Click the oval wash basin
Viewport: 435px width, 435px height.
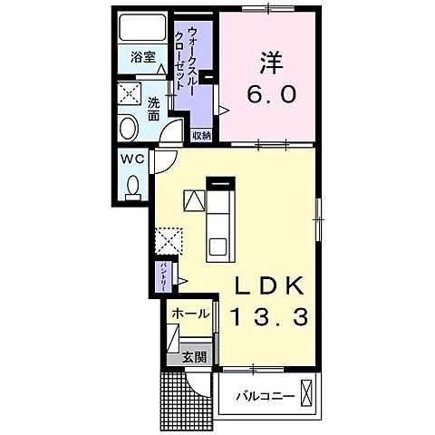[128, 126]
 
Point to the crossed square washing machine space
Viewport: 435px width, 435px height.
[129, 94]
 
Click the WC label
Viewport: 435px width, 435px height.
[132, 159]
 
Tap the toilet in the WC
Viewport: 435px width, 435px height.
[133, 188]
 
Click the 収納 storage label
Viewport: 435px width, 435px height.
[200, 134]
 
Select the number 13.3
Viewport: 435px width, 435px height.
[269, 317]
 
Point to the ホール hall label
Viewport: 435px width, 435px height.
[190, 314]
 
